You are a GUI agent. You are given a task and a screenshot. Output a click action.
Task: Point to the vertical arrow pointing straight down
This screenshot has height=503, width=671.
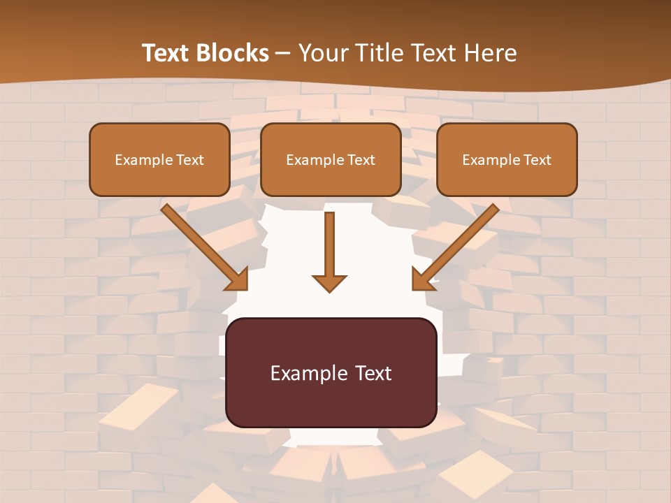click(329, 245)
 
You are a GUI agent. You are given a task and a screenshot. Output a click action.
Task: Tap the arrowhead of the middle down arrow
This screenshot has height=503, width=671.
click(329, 282)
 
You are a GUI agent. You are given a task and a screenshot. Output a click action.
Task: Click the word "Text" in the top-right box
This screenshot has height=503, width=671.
click(537, 160)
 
